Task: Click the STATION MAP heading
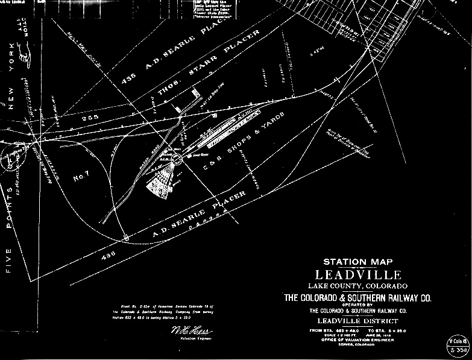358,262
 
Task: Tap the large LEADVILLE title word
358,274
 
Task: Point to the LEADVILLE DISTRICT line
358,321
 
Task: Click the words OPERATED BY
358,305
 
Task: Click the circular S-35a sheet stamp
456,348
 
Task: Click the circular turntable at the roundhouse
176,159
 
